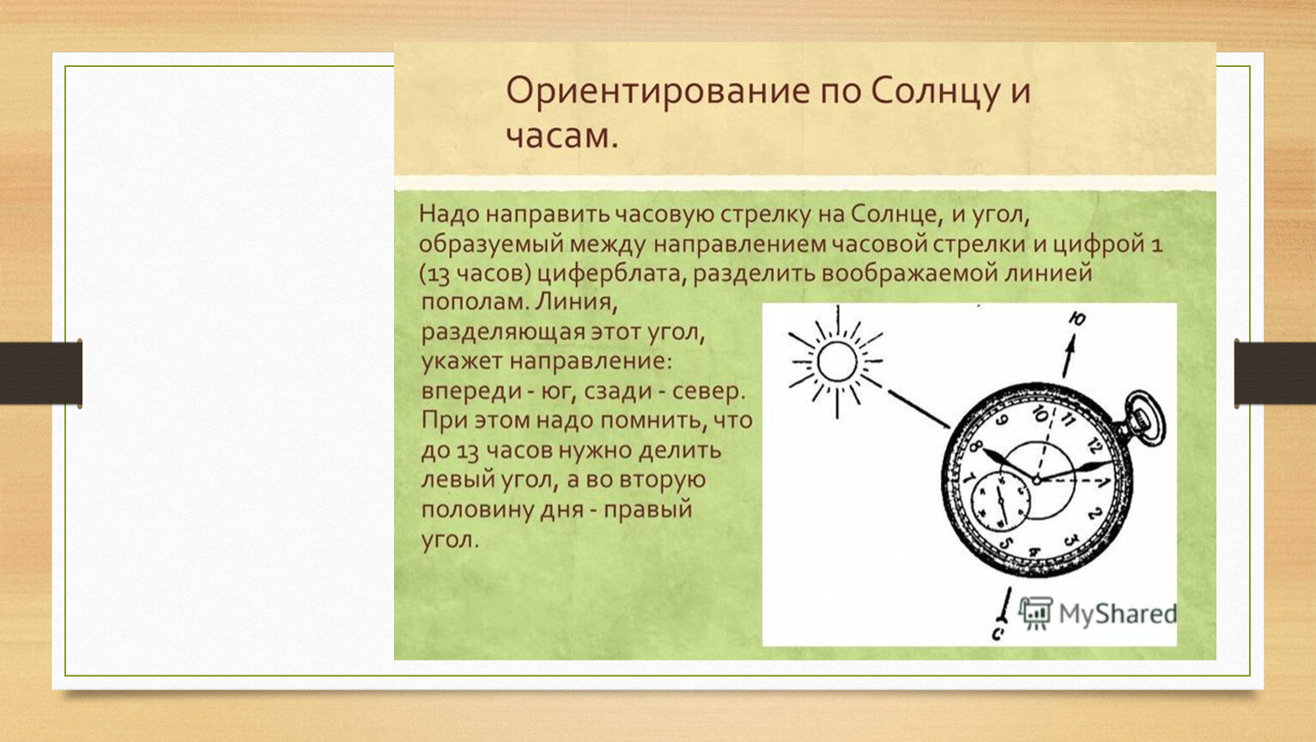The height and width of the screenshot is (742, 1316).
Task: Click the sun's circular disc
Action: [x=837, y=362]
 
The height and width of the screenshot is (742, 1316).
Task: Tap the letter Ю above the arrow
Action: [x=1076, y=319]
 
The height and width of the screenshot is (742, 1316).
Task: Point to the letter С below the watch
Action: [x=998, y=633]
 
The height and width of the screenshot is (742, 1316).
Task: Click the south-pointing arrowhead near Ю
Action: [x=1071, y=344]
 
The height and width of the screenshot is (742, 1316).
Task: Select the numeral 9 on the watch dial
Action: [x=1003, y=421]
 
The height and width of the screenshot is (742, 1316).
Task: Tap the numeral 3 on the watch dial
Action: [x=1071, y=538]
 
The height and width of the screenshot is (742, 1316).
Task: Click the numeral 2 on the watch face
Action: [x=1094, y=514]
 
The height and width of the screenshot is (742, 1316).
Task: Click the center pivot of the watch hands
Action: [x=1037, y=480]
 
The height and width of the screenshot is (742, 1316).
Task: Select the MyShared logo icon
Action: [x=1035, y=613]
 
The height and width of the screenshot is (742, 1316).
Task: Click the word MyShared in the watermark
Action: [x=1118, y=614]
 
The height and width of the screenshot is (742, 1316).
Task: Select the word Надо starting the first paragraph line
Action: [x=449, y=214]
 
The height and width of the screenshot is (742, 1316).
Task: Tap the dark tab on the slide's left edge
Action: [x=41, y=374]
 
